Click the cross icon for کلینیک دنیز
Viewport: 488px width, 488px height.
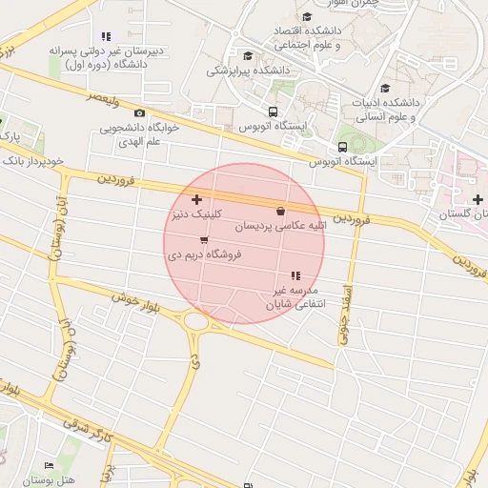(x=196, y=200)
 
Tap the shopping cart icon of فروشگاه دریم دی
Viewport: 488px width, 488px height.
(x=204, y=240)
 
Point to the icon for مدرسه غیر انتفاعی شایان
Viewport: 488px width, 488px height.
(x=295, y=275)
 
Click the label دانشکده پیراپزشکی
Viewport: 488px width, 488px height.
(x=249, y=71)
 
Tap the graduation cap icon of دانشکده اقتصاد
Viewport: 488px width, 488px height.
(x=306, y=17)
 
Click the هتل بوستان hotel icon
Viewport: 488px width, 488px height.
(x=50, y=465)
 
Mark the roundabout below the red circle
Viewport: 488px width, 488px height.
(x=198, y=322)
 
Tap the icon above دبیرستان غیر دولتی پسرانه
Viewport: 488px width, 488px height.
(x=105, y=36)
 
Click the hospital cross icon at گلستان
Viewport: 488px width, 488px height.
(x=478, y=198)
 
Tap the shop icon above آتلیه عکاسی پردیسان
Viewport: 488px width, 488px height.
(x=280, y=212)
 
